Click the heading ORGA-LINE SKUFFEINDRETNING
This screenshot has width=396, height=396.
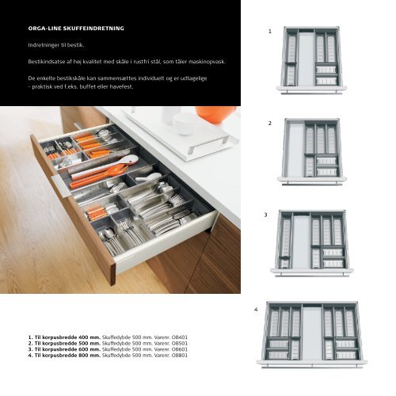coord(76,29)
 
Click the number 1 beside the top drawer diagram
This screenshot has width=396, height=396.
coord(270,32)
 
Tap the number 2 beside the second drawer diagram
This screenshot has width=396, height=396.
coord(269,124)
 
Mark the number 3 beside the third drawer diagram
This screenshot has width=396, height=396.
coord(265,215)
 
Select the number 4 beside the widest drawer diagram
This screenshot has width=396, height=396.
coord(256,310)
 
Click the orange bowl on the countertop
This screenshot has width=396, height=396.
coord(215,115)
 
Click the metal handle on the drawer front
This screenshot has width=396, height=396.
coord(60,186)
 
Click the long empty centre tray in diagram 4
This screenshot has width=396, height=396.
coord(312,332)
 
